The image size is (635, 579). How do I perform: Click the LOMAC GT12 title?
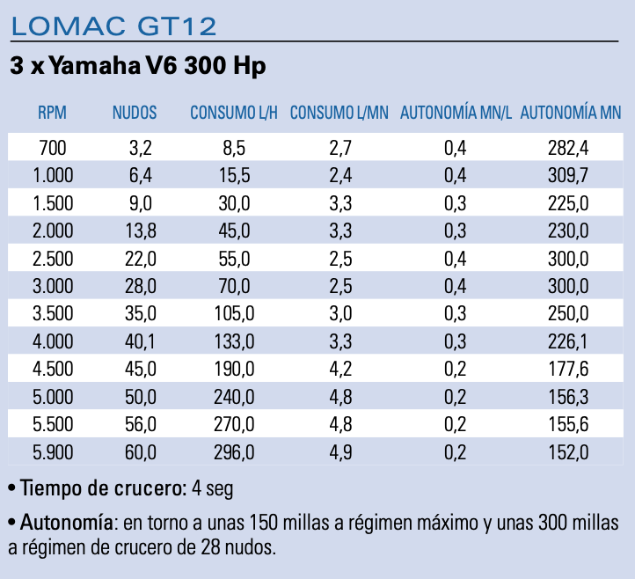(113, 26)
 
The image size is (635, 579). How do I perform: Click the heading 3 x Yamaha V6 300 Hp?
(138, 66)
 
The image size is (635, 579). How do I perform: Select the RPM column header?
(52, 113)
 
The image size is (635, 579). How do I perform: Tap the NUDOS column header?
(135, 113)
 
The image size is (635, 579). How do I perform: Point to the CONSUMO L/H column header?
(233, 113)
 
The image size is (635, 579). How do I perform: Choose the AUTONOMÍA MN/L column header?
(456, 113)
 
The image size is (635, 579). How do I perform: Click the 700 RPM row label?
(53, 148)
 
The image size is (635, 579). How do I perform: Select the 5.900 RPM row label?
(53, 453)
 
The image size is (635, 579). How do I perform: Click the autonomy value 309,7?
(567, 175)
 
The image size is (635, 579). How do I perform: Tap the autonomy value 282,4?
(567, 148)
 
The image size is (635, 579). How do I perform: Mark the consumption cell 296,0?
(233, 453)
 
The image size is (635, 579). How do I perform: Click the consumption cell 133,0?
(233, 342)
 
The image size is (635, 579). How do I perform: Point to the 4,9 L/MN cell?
(340, 453)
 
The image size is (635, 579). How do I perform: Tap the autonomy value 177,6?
(567, 370)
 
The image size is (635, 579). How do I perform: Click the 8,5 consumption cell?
(234, 148)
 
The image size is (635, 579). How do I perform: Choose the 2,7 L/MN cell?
(340, 148)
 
